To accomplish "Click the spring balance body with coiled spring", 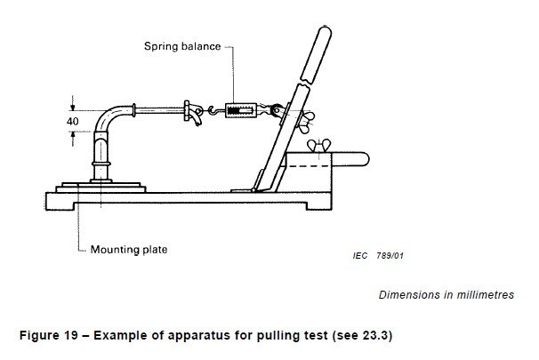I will [242, 111].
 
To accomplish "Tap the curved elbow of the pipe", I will [109, 119].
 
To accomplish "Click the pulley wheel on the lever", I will [278, 110].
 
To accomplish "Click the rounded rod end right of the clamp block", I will [360, 159].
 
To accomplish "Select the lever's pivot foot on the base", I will [242, 188].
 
